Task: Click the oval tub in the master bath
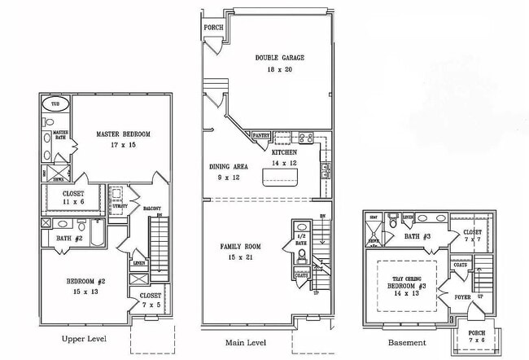(x=55, y=105)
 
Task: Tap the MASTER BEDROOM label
(x=123, y=134)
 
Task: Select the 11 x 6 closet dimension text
(x=73, y=202)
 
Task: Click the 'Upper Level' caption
(x=84, y=338)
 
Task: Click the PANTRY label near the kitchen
(x=261, y=136)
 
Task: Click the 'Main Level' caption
(x=247, y=343)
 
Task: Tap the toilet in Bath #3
(x=392, y=221)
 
